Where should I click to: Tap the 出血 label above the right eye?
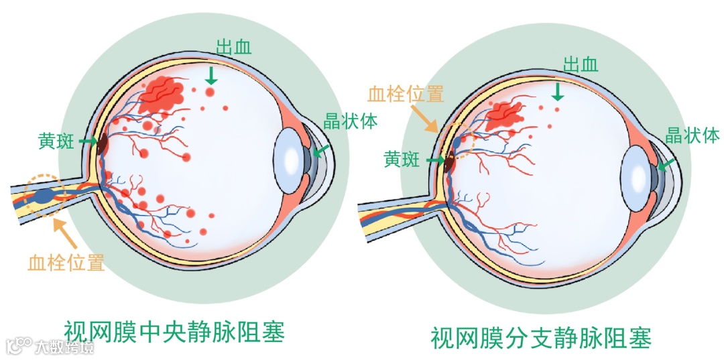coord(581,64)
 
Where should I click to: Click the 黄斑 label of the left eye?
coord(57,141)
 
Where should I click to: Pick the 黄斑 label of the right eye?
coord(402,160)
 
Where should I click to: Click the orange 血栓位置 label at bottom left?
coord(66,262)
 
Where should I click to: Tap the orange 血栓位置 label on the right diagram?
coord(406,95)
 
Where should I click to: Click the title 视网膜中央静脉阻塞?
coord(174,332)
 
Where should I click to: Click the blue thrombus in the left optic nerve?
coord(44,196)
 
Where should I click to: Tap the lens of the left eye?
coord(290,158)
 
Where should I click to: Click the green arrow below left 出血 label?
coord(211,73)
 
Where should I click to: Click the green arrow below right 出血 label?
coord(557,90)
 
